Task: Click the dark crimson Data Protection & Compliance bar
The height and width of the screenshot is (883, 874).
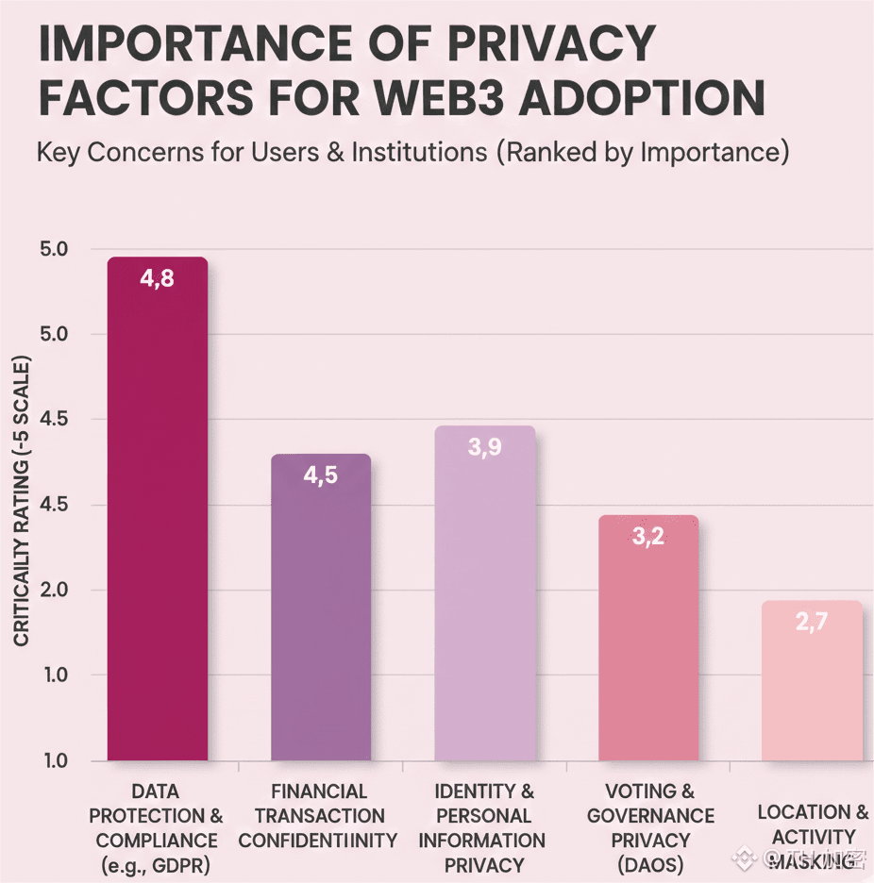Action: tap(157, 509)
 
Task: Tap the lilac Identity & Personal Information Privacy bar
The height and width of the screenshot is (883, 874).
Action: tap(484, 594)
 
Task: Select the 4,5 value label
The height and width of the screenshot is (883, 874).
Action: tap(320, 475)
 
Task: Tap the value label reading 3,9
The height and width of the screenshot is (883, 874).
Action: tap(484, 447)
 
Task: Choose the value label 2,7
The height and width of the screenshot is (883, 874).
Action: tap(812, 623)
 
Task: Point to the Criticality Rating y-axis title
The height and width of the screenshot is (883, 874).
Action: tap(21, 501)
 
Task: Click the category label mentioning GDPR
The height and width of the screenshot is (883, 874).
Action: tap(157, 827)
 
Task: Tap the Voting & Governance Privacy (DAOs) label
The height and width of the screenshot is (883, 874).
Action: tap(650, 827)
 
